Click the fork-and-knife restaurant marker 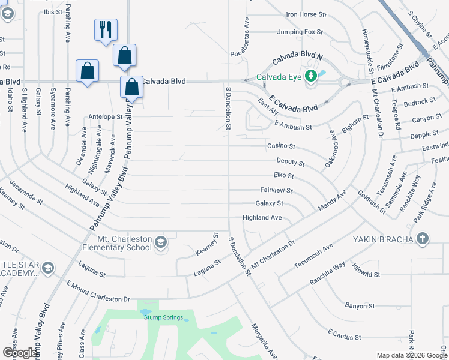(x=106, y=29)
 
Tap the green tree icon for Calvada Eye (x=311, y=76)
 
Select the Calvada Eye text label (x=279, y=77)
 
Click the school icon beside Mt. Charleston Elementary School (x=160, y=242)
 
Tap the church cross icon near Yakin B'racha (x=423, y=238)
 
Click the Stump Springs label (x=164, y=317)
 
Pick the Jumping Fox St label (x=300, y=32)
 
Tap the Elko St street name (x=283, y=176)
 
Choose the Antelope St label (x=105, y=116)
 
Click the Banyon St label (x=360, y=306)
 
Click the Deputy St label (x=291, y=163)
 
